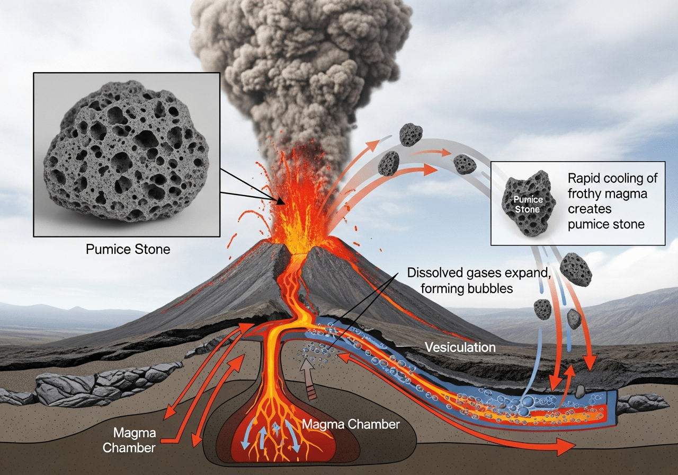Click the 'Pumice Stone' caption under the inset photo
pos(128,249)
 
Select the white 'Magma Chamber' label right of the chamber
pos(351,424)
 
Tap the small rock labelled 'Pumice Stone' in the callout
pos(528,203)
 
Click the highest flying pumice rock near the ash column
pos(411,134)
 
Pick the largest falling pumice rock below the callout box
pos(576,269)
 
